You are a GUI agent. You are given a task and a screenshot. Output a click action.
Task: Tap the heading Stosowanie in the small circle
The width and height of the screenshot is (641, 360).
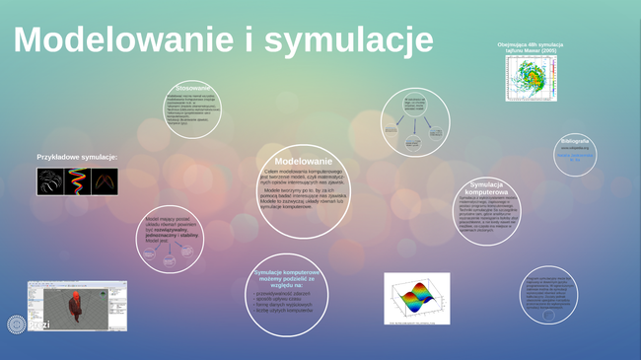(x=192, y=89)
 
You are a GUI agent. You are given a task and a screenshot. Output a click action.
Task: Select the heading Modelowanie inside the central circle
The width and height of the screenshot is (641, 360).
(x=303, y=161)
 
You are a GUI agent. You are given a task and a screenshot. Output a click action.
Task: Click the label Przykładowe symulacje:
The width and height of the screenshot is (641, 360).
(x=77, y=157)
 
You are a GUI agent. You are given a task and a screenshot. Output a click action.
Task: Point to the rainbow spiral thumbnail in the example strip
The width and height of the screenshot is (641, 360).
(x=77, y=181)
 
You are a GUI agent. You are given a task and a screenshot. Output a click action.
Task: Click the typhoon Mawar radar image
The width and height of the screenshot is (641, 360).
(x=531, y=78)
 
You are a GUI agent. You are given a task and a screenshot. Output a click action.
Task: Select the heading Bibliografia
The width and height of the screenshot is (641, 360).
(x=575, y=140)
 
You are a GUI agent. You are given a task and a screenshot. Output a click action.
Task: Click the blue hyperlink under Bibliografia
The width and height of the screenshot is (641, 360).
(x=575, y=156)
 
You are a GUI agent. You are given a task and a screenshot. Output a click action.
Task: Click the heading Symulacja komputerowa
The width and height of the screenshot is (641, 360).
(x=488, y=187)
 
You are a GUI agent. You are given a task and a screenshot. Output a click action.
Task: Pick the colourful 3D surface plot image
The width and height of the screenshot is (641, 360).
(x=416, y=298)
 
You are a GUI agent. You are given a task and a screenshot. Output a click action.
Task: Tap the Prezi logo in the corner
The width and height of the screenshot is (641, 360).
(x=17, y=324)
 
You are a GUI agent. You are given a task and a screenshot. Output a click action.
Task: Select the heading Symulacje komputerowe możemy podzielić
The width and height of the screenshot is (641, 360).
(x=286, y=276)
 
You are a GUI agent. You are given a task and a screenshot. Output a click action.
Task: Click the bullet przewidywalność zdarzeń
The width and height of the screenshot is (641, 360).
(x=286, y=293)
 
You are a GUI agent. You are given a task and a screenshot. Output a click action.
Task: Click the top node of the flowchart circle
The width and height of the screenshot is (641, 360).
(x=415, y=104)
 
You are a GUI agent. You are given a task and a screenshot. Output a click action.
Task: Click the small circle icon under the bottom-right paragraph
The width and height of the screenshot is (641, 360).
(x=546, y=312)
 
